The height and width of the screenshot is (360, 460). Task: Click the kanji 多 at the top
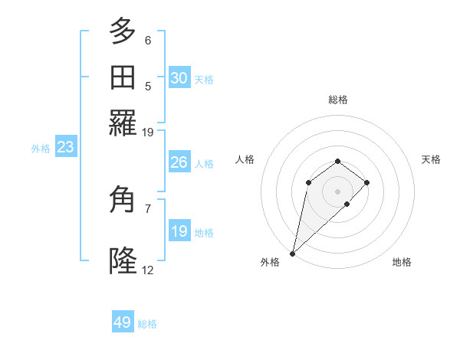(x=123, y=31)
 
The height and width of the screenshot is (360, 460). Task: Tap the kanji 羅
(x=123, y=123)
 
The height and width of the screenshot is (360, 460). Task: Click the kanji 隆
(x=123, y=261)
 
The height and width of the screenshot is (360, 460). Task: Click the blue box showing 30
(x=179, y=78)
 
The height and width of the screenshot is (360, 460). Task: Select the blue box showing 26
(x=179, y=162)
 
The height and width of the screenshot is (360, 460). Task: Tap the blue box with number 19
(x=179, y=231)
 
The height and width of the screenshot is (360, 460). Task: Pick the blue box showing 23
(x=65, y=148)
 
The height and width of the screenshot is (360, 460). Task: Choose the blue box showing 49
(x=123, y=322)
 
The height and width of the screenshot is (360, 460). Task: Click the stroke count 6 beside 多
(x=148, y=41)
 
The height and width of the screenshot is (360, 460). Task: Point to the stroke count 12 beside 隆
(x=148, y=270)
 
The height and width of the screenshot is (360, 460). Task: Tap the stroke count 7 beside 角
(x=148, y=208)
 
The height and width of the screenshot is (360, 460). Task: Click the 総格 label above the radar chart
(x=337, y=100)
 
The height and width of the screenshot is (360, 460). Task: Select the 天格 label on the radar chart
(x=431, y=159)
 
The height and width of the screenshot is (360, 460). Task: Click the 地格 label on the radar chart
(x=402, y=262)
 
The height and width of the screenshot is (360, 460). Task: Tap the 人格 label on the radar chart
(x=245, y=159)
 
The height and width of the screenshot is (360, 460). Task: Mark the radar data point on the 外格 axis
(x=292, y=253)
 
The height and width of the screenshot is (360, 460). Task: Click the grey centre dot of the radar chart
(x=337, y=191)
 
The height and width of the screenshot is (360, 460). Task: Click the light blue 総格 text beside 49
(x=147, y=324)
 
